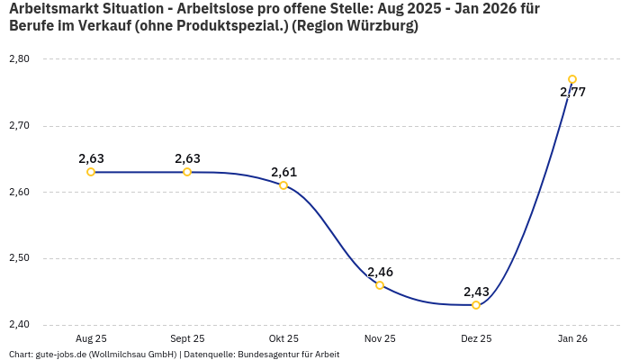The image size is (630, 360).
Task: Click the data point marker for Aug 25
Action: pos(91,172)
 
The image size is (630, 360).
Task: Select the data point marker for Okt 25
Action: pos(283,185)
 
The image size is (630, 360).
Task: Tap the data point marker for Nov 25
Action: pos(380,285)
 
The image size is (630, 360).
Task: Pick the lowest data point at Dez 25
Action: pos(476,305)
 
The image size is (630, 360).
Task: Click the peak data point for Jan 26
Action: pos(572,79)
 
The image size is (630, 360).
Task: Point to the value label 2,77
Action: pos(572,92)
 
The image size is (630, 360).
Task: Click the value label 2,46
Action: pos(380,272)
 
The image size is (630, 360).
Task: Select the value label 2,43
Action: pos(476,292)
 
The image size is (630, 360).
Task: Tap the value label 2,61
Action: pos(283,172)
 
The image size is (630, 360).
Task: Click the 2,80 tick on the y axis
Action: pos(19,59)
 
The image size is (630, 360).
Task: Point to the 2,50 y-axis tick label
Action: pos(19,258)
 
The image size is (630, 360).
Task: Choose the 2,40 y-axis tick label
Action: pos(19,325)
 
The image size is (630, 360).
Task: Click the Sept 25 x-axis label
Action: pos(187,339)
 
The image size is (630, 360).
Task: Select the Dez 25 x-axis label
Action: pos(476,339)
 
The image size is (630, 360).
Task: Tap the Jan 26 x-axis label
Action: pos(572,339)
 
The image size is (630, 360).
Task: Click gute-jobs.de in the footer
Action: pos(64,355)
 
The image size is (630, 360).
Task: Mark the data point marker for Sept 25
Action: pos(187,172)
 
